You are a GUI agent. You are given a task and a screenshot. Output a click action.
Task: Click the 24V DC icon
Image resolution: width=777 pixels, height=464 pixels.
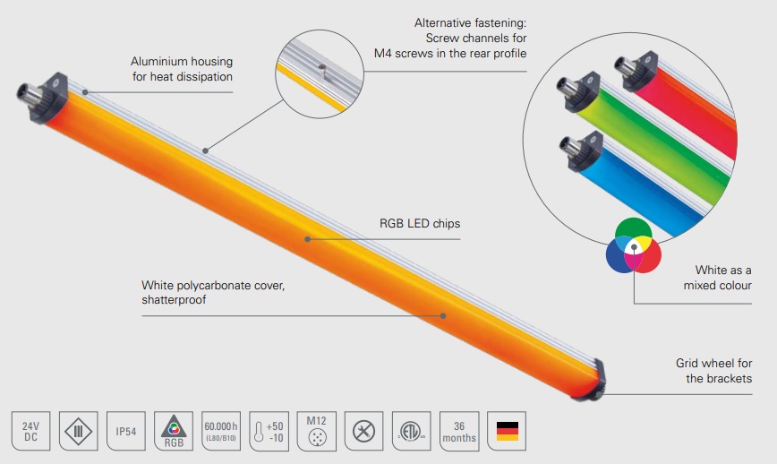(30, 431)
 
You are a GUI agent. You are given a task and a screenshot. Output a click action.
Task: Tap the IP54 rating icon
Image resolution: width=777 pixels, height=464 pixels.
(126, 431)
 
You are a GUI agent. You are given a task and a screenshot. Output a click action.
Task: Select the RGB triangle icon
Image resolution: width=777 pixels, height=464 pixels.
(174, 431)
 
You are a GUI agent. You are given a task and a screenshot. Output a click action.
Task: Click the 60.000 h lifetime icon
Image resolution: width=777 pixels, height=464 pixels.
(222, 431)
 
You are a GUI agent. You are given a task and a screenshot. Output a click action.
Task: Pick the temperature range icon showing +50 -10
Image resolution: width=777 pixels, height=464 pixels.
(269, 431)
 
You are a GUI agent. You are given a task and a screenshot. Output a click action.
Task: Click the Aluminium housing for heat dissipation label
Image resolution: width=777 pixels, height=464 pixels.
(182, 69)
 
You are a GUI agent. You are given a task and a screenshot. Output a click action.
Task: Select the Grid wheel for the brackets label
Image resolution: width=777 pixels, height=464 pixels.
(713, 371)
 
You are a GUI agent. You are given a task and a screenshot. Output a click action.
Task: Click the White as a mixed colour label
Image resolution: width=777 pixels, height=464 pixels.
(722, 278)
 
